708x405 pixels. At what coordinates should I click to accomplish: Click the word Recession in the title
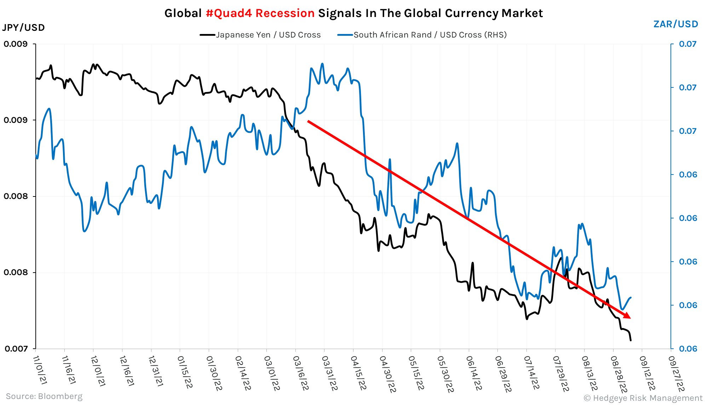click(x=285, y=13)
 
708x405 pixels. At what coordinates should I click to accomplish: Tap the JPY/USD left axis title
click(x=23, y=27)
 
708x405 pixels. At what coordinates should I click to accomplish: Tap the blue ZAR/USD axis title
click(x=675, y=24)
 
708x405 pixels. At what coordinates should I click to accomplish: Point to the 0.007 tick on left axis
click(x=16, y=349)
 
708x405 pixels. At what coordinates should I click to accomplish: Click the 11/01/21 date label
click(x=40, y=370)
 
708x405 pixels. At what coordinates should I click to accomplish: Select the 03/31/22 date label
click(x=329, y=373)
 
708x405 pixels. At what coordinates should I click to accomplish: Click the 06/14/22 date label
click(x=474, y=373)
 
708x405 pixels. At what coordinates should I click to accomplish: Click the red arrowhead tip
click(x=630, y=318)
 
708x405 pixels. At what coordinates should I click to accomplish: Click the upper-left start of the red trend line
click(x=308, y=121)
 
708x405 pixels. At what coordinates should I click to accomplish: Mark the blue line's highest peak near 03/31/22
click(x=322, y=64)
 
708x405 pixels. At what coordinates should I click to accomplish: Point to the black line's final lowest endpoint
click(x=631, y=340)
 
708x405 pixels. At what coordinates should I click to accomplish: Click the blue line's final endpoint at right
click(x=631, y=297)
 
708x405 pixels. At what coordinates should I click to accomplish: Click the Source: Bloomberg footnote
click(x=44, y=396)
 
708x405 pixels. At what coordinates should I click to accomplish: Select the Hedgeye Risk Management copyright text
click(x=643, y=398)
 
